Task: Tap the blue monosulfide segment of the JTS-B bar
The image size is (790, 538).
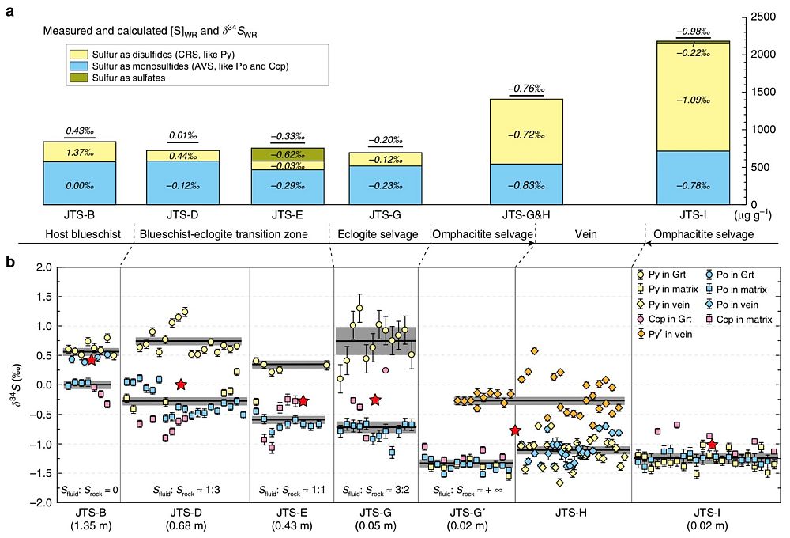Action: pyautogui.click(x=80, y=184)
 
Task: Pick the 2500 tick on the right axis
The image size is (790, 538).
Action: pyautogui.click(x=761, y=17)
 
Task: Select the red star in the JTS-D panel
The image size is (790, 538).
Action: pyautogui.click(x=181, y=385)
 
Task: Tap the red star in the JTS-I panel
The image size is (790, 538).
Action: pyautogui.click(x=713, y=444)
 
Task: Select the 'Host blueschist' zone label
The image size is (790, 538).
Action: pyautogui.click(x=79, y=236)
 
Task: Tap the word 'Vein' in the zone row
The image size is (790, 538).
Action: pyautogui.click(x=586, y=236)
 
